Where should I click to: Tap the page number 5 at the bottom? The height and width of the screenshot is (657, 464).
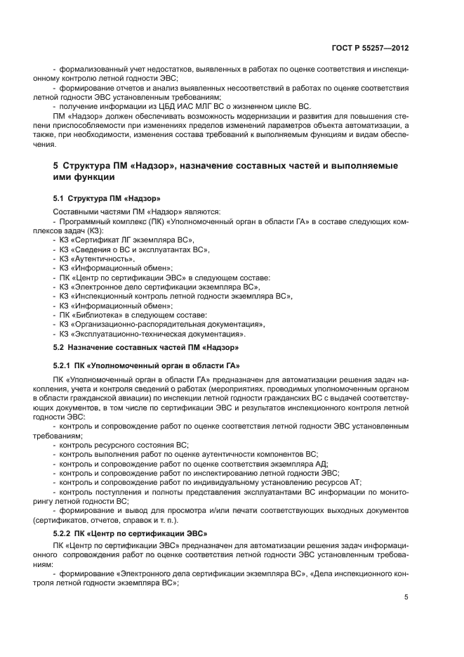click(406, 597)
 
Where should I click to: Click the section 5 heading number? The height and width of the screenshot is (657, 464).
click(56, 166)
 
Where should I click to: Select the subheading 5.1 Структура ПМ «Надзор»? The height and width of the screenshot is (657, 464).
click(107, 199)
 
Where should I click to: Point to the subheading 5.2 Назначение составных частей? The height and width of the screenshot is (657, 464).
click(146, 347)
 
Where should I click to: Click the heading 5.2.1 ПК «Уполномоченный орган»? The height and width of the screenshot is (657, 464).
click(146, 365)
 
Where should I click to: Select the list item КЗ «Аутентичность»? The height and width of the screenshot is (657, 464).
click(96, 259)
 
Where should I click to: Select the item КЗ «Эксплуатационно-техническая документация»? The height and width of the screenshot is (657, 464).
click(149, 334)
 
